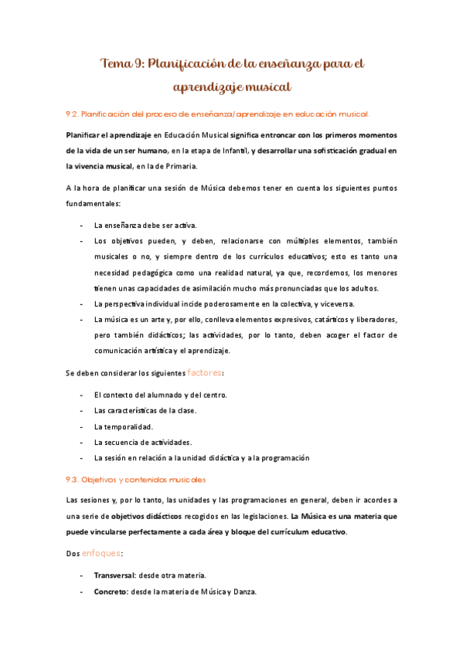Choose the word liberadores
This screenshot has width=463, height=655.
(370, 319)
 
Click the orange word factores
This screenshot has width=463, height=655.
(205, 372)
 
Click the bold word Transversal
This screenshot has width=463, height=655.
(114, 575)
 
